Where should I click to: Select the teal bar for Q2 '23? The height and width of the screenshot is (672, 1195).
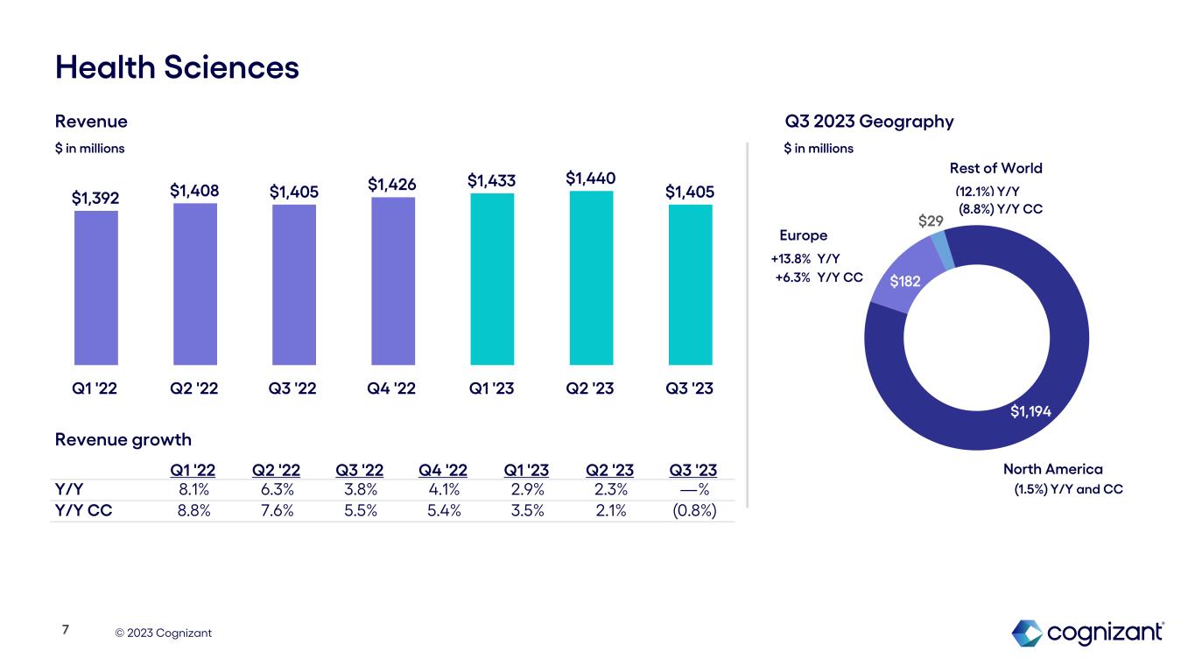592,277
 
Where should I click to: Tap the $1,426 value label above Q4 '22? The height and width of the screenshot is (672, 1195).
393,184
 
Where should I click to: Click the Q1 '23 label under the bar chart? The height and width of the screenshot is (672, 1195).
492,389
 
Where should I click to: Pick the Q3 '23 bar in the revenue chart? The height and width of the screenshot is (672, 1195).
691,284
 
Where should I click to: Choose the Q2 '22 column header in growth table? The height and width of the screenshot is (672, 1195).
276,472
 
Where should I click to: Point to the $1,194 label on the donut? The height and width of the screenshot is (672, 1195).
1031,411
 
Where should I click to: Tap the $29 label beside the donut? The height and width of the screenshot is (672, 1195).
930,220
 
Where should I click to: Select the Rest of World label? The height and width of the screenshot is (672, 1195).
995,168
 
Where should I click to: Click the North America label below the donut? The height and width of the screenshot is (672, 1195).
1040,470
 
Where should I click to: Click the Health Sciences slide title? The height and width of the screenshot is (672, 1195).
177,67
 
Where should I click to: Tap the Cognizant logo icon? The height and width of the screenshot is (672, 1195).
1026,633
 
